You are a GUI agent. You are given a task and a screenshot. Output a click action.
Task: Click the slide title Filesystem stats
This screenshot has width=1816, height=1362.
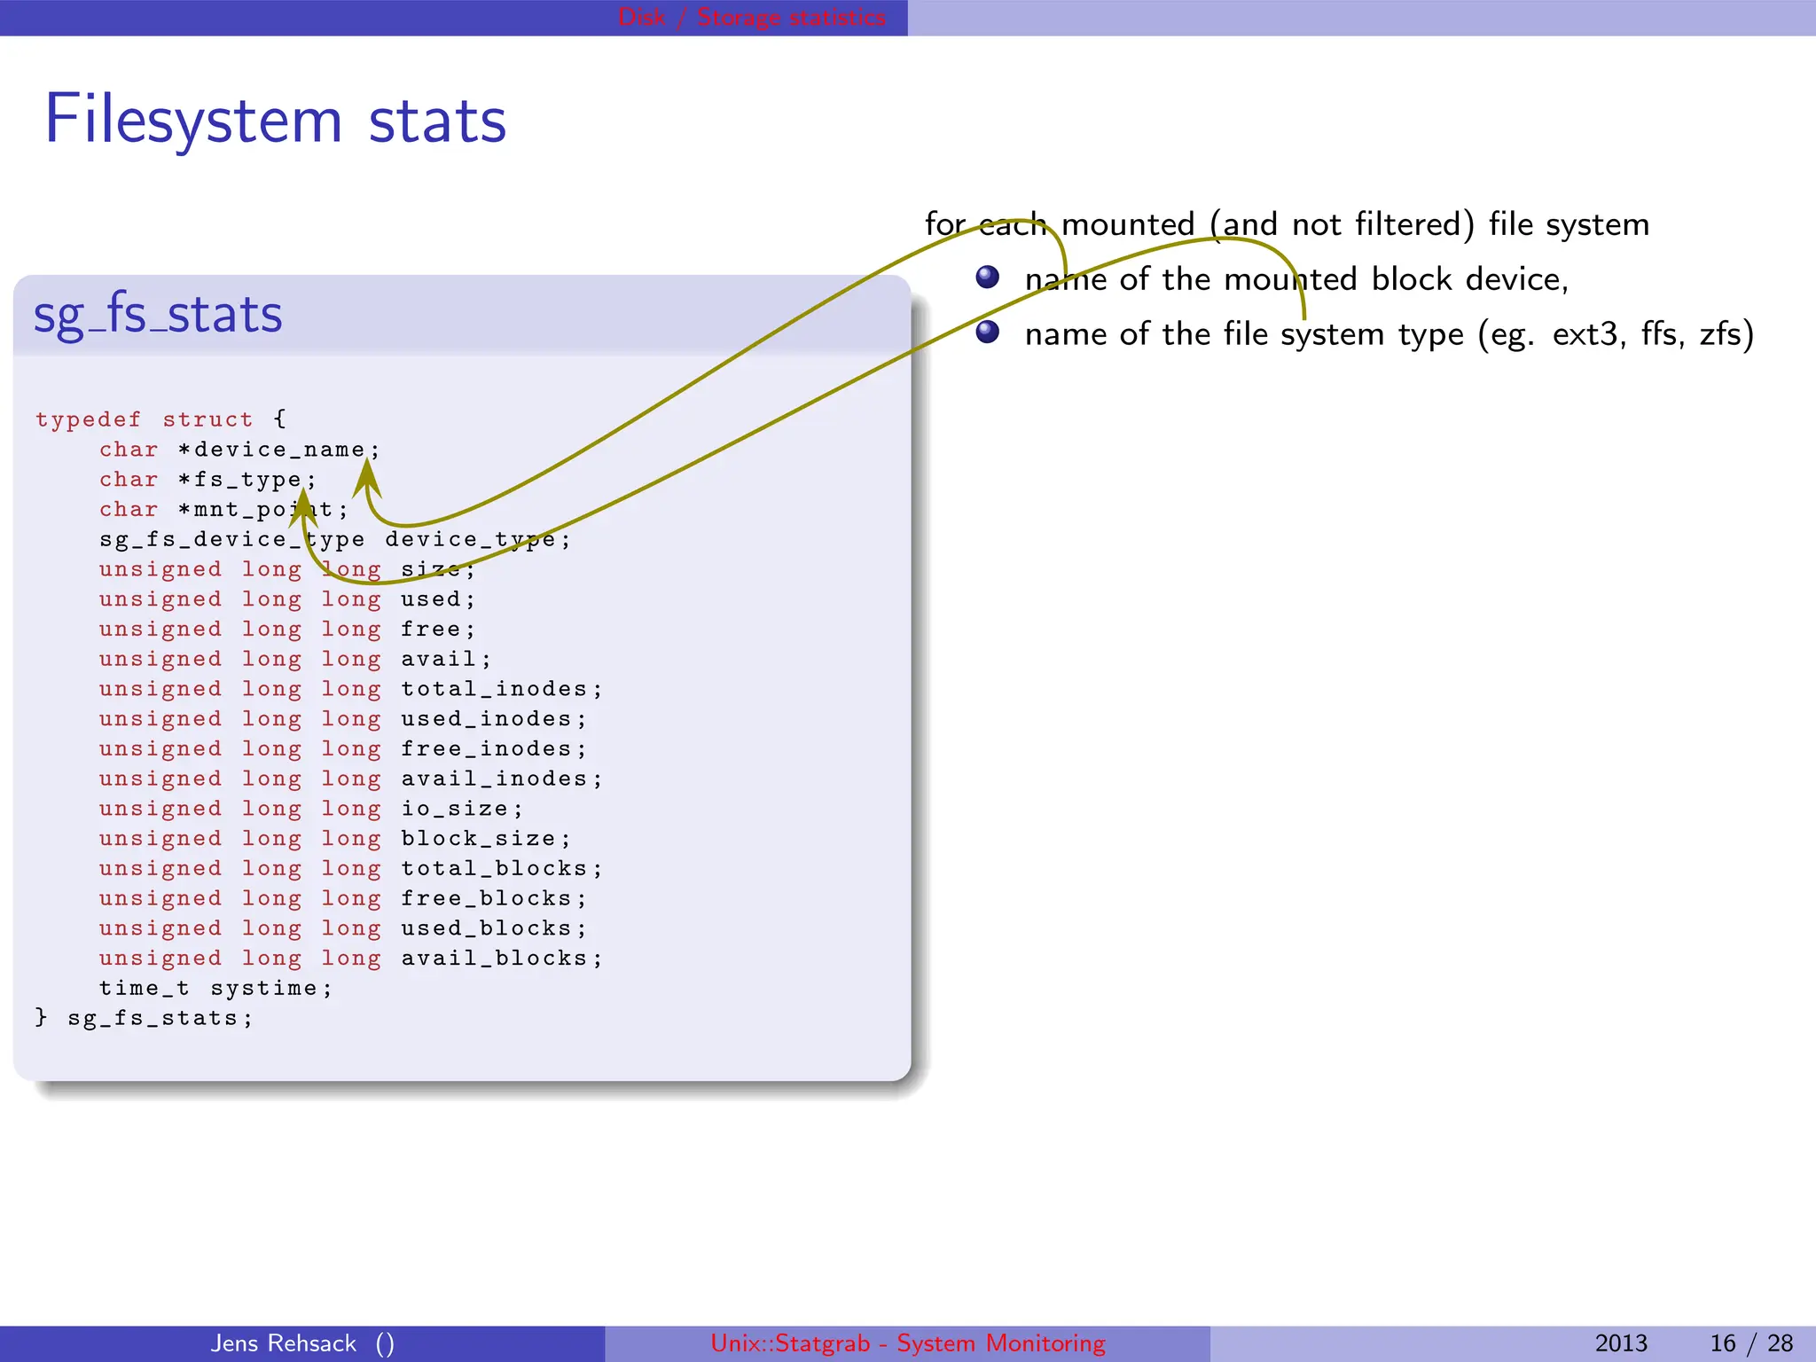click(275, 120)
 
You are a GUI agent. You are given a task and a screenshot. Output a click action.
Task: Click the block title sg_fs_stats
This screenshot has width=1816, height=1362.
click(158, 315)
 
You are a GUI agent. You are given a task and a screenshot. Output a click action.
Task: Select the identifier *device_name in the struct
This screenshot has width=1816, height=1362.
click(278, 450)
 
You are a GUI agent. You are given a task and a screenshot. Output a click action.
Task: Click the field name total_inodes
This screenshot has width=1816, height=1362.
click(494, 689)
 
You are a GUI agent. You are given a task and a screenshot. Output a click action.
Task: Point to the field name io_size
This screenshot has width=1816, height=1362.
click(455, 809)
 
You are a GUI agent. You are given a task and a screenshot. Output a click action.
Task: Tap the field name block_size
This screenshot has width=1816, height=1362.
click(478, 839)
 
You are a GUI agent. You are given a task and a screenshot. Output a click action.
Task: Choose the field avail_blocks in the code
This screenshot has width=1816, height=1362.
click(494, 959)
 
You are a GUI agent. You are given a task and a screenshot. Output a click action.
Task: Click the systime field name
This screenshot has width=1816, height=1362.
click(263, 988)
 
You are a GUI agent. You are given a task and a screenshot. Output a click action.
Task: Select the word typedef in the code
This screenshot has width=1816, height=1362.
click(88, 419)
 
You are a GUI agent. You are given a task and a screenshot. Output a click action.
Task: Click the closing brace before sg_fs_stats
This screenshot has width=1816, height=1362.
click(41, 1017)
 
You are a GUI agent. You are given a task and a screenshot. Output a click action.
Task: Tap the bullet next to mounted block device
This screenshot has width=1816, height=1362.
click(987, 278)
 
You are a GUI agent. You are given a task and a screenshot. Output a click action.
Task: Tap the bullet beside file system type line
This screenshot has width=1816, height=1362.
click(987, 333)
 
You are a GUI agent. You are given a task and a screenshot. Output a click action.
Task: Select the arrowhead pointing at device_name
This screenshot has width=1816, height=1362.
click(367, 479)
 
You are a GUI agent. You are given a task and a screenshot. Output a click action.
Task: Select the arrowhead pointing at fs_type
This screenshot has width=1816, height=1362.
click(302, 509)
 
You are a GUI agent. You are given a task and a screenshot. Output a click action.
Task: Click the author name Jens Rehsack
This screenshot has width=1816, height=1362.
click(283, 1343)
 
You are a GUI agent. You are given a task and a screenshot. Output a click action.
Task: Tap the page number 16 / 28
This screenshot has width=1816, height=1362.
click(1750, 1343)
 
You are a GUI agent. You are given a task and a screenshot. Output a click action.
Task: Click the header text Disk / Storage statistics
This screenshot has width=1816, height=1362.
click(751, 17)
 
